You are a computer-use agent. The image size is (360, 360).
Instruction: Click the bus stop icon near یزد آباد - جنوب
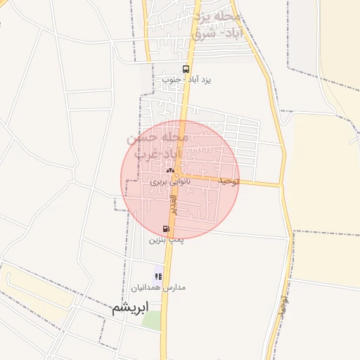point(186,69)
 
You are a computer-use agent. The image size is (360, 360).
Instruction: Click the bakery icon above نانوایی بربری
point(169,170)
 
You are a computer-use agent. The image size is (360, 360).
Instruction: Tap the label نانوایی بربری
point(170,181)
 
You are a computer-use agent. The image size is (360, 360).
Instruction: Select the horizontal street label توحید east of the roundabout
point(229,181)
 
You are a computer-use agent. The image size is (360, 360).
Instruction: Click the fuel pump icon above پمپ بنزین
point(166,229)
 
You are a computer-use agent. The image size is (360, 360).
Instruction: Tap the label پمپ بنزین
point(166,240)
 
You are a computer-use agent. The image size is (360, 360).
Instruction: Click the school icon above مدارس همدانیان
point(158,276)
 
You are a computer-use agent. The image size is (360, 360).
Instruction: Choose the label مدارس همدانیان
point(159,288)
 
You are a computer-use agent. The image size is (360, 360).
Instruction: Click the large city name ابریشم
point(131,308)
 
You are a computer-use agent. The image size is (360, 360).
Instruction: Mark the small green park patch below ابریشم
point(151,320)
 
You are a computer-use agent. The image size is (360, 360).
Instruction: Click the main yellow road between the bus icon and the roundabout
point(184,123)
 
